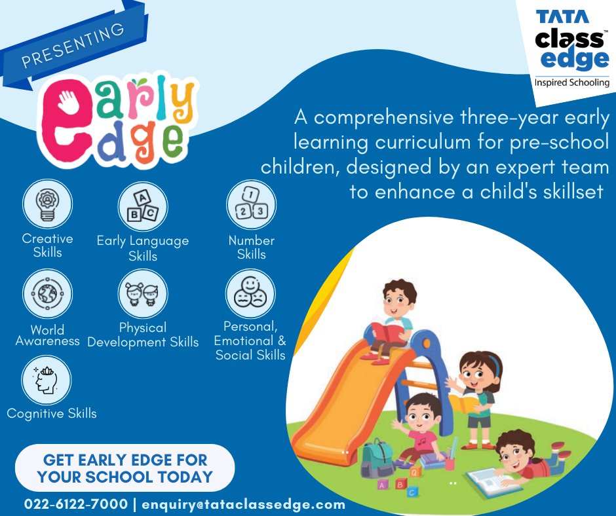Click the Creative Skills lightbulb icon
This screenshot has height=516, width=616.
tap(47, 204)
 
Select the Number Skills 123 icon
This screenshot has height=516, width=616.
tap(251, 205)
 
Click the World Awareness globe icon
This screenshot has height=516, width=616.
tap(47, 294)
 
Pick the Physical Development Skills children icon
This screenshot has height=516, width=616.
tap(142, 294)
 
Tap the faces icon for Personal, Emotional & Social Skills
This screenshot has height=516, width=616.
tap(250, 293)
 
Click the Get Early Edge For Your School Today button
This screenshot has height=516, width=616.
tap(125, 468)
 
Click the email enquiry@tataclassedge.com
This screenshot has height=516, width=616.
tap(243, 504)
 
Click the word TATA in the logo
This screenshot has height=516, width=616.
tap(562, 16)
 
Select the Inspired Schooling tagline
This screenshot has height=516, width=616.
tap(571, 83)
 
